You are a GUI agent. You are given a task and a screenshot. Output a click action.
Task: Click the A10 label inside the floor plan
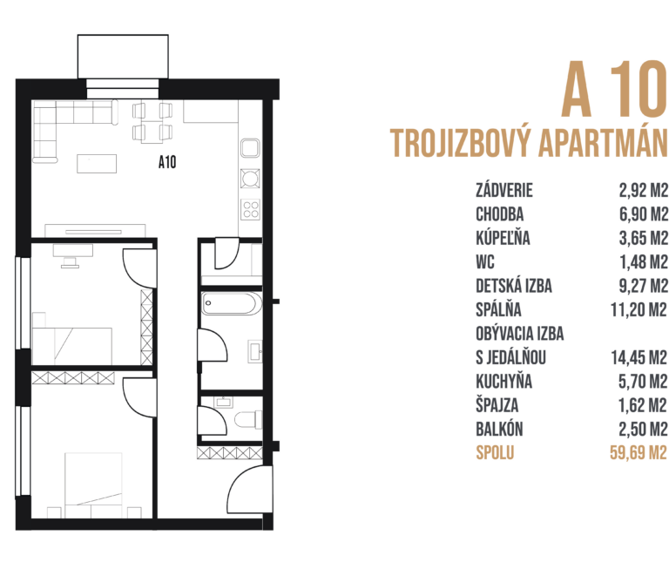167,160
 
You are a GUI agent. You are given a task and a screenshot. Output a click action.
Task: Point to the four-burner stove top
251,209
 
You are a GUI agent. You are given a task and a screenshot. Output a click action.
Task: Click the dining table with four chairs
152,122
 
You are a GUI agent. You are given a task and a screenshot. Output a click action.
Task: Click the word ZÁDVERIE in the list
504,191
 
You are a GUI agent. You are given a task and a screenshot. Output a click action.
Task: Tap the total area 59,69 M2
637,452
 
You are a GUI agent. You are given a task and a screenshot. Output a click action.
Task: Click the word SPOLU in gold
496,452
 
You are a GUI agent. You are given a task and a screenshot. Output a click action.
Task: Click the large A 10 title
612,90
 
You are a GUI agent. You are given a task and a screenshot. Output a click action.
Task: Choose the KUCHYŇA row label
504,381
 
